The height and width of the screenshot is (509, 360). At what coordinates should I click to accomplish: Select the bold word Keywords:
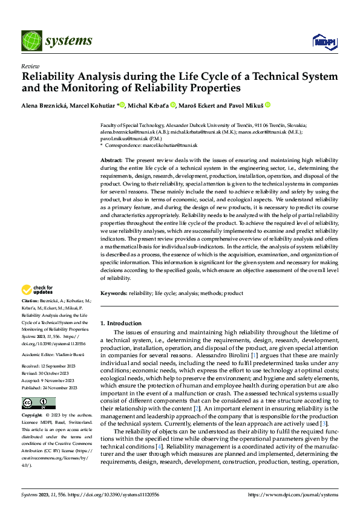(113, 293)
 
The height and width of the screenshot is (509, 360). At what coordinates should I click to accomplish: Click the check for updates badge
(38, 290)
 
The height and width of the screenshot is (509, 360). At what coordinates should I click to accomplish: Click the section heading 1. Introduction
(121, 323)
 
